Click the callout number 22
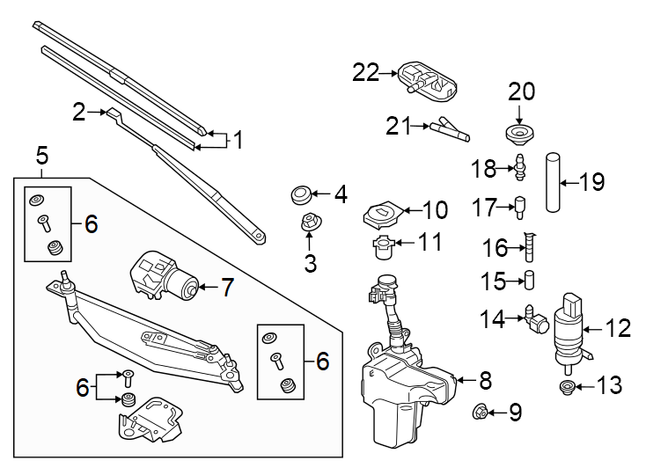click(x=365, y=72)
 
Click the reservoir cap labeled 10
click(x=384, y=212)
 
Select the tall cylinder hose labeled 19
click(x=553, y=183)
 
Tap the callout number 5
click(x=41, y=157)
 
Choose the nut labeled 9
click(x=481, y=410)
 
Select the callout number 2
click(x=79, y=112)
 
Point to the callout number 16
click(x=496, y=248)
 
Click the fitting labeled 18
click(x=522, y=167)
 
